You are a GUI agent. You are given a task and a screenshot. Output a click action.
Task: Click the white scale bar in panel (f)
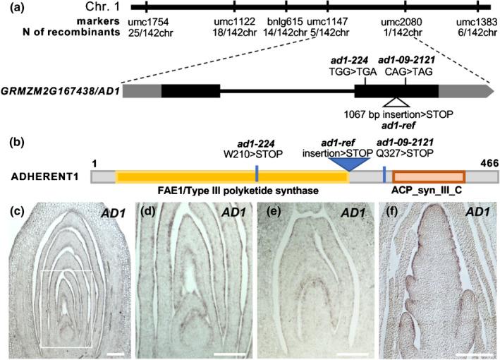click(472, 351)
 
